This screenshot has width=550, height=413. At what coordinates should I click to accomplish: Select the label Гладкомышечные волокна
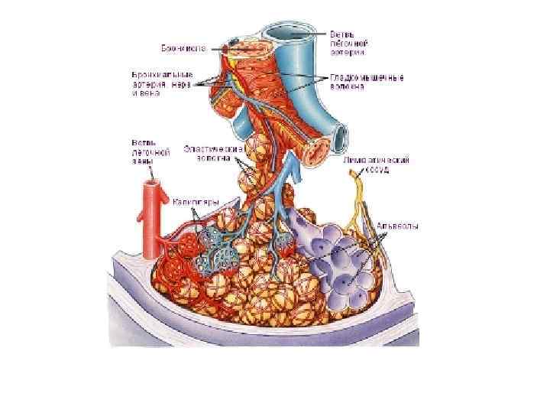pyautogui.click(x=367, y=82)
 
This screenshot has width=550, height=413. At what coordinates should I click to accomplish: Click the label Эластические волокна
pyautogui.click(x=213, y=152)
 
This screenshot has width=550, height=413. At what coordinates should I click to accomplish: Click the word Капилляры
pyautogui.click(x=197, y=202)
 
